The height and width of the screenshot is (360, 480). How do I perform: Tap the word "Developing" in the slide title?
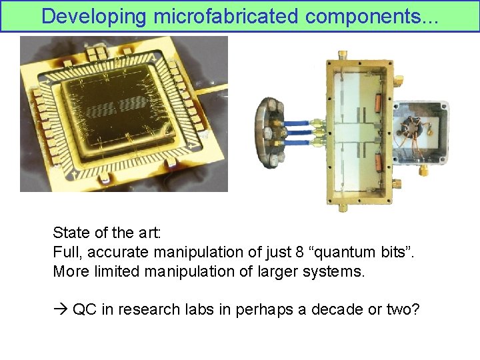pyautogui.click(x=93, y=16)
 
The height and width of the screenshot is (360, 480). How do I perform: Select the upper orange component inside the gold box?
pyautogui.click(x=377, y=103)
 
